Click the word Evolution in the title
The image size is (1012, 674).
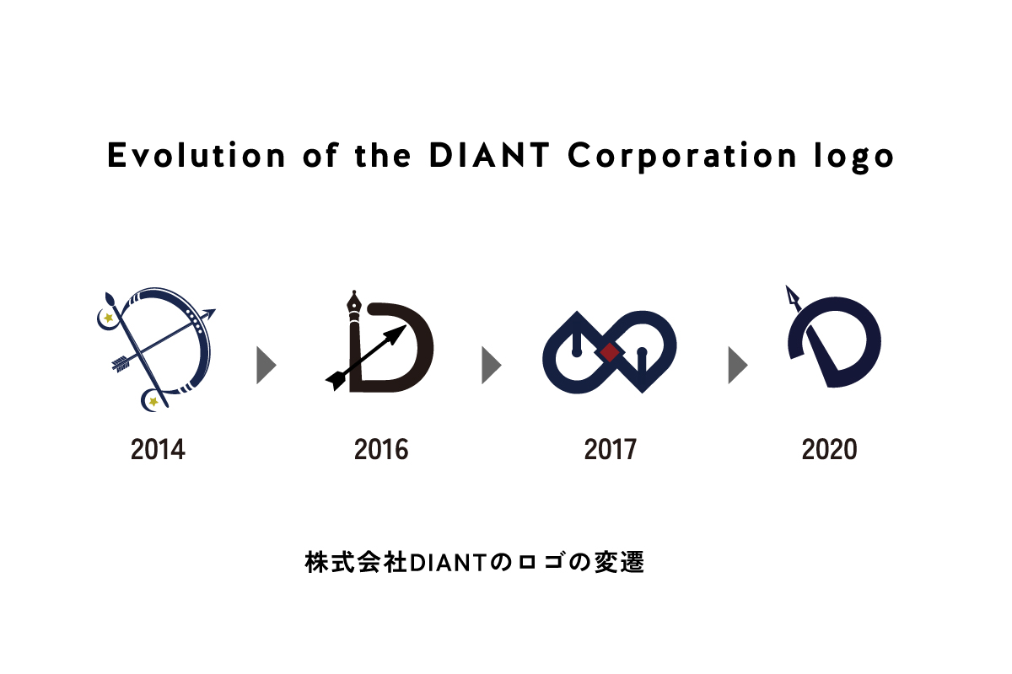[x=196, y=155]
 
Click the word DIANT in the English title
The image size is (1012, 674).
[x=489, y=155]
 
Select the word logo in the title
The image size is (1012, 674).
[x=853, y=158]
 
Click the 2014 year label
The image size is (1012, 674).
[x=158, y=450]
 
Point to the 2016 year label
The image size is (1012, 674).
[x=381, y=450]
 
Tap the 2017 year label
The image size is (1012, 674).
[x=610, y=450]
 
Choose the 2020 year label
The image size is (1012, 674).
[x=830, y=450]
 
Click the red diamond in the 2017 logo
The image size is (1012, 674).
[x=610, y=352]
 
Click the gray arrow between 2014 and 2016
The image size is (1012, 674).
[x=266, y=365]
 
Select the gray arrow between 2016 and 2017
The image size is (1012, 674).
[x=491, y=365]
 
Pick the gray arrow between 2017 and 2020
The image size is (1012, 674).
[x=738, y=365]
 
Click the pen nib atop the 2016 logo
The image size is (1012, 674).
[x=354, y=300]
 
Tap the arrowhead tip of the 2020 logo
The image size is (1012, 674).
[x=787, y=286]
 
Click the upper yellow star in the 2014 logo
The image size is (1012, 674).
[x=109, y=318]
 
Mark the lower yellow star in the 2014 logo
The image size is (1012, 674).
[x=153, y=401]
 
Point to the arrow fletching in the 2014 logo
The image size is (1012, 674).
[x=120, y=364]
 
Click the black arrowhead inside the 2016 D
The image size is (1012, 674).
[x=396, y=334]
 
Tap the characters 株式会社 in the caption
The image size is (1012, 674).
[x=357, y=563]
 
